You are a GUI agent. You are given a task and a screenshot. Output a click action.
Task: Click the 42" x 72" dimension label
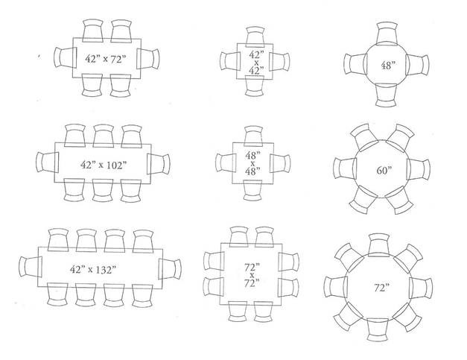tap(104, 57)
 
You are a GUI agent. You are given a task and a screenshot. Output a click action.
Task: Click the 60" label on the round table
tap(384, 169)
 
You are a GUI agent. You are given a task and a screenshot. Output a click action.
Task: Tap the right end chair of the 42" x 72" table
tap(149, 58)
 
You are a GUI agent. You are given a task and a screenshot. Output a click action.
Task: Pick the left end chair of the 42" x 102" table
tap(45, 163)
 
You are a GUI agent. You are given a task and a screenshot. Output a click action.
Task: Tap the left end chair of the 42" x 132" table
tap(29, 269)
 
